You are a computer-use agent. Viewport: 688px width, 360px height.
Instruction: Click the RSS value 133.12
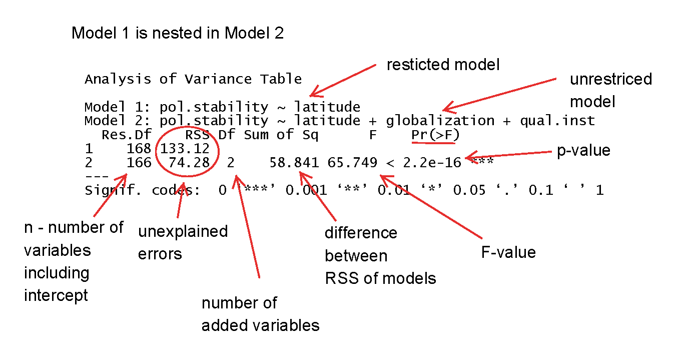pyautogui.click(x=185, y=149)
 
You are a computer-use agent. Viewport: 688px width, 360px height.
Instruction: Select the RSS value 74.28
pyautogui.click(x=189, y=163)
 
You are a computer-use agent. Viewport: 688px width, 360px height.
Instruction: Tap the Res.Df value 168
pyautogui.click(x=139, y=149)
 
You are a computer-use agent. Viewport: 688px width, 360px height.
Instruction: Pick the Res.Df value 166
pyautogui.click(x=139, y=163)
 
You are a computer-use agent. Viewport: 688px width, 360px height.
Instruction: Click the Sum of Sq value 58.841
pyautogui.click(x=294, y=163)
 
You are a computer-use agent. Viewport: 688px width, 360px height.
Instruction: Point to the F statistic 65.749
pyautogui.click(x=352, y=163)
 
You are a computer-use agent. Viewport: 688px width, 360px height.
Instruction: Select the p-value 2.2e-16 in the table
pyautogui.click(x=432, y=163)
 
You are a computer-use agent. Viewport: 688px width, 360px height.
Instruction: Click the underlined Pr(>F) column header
pyautogui.click(x=435, y=135)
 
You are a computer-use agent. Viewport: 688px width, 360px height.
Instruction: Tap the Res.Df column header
pyautogui.click(x=127, y=135)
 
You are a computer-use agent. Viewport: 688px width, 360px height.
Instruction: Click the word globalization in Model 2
pyautogui.click(x=440, y=121)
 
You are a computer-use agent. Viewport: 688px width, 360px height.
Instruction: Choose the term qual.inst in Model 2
pyautogui.click(x=557, y=121)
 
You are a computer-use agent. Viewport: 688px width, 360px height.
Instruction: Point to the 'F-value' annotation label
pyautogui.click(x=508, y=252)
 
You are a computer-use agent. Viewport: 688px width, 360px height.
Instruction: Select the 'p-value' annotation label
pyautogui.click(x=583, y=151)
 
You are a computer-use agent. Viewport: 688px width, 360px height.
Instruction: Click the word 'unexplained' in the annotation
pyautogui.click(x=183, y=231)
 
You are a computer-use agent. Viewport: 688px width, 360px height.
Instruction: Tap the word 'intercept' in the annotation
pyautogui.click(x=56, y=295)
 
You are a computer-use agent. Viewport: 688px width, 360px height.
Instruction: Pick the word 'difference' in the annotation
pyautogui.click(x=361, y=233)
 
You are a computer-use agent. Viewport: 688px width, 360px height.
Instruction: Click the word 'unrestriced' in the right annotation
pyautogui.click(x=611, y=79)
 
